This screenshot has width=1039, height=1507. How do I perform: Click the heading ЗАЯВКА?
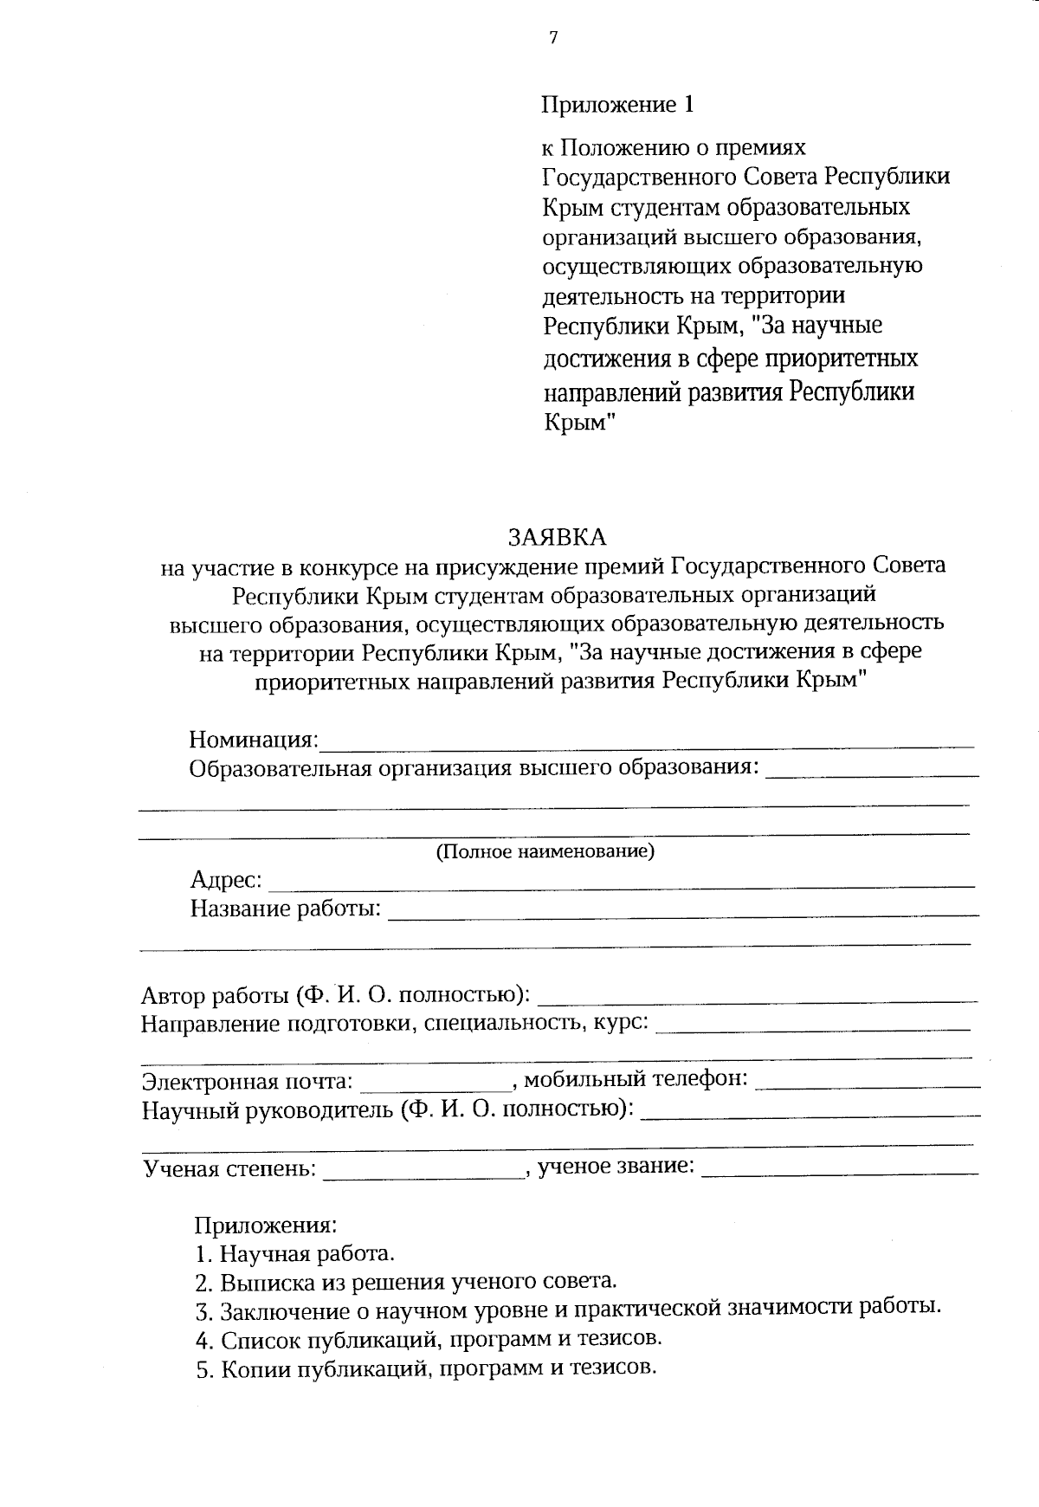[558, 537]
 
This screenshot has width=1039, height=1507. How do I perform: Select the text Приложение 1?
[617, 105]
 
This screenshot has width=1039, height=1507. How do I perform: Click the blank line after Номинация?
[646, 743]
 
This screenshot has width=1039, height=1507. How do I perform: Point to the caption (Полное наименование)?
[545, 851]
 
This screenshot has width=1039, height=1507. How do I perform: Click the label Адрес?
[226, 880]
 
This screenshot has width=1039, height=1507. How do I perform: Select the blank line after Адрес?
[622, 885]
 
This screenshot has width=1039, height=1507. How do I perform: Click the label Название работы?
[286, 909]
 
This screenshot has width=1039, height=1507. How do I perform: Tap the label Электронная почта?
[248, 1081]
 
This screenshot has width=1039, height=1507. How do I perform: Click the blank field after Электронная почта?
[436, 1084]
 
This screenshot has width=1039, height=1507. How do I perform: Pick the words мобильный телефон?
[636, 1079]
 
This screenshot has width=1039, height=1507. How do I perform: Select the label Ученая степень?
[229, 1168]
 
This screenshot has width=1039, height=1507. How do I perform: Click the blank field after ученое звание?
[838, 1172]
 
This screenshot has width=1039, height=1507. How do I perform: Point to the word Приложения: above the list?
[264, 1226]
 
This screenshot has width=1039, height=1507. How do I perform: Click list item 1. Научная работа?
[295, 1253]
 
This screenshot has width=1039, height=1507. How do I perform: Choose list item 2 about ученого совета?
[406, 1282]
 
